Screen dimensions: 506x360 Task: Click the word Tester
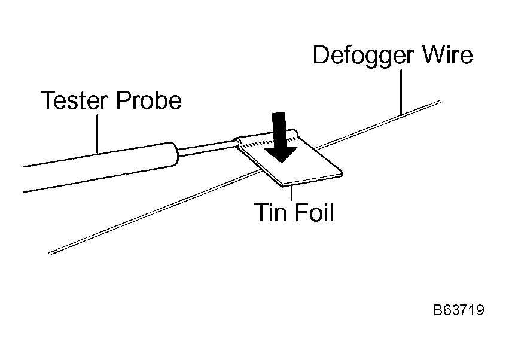tap(74, 100)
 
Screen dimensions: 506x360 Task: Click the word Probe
tap(149, 100)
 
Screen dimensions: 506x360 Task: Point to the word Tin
tap(270, 212)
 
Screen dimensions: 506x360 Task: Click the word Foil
tap(314, 212)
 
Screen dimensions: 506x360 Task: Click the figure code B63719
tap(459, 310)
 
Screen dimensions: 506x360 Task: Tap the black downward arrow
tap(279, 138)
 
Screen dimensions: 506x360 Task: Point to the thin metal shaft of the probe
tap(207, 148)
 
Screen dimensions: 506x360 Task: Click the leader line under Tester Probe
tap(97, 133)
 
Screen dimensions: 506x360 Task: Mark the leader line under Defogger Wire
tap(401, 93)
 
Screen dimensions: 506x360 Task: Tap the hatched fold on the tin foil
tap(268, 142)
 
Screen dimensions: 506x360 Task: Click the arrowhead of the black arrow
tap(281, 155)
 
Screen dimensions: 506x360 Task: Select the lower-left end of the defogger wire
tap(49, 254)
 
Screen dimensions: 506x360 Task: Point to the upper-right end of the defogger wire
tap(441, 101)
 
